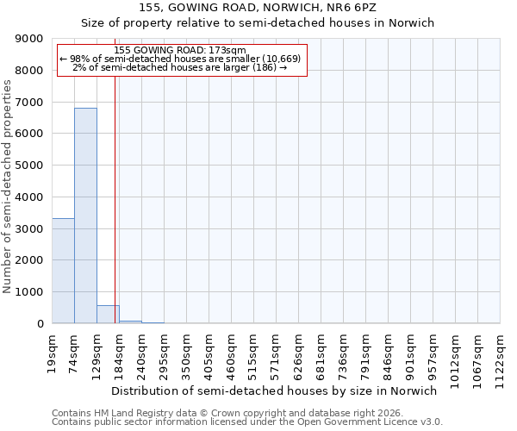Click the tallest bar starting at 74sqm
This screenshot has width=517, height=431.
point(85,215)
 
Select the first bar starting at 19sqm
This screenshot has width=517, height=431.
point(63,271)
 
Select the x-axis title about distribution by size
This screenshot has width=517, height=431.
point(275,390)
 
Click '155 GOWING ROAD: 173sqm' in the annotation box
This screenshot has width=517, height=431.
point(180,51)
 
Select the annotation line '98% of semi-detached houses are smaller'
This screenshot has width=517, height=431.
point(180,59)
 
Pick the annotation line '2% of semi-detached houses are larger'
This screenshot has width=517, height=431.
point(180,67)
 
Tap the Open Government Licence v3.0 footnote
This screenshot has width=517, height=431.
point(247,422)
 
